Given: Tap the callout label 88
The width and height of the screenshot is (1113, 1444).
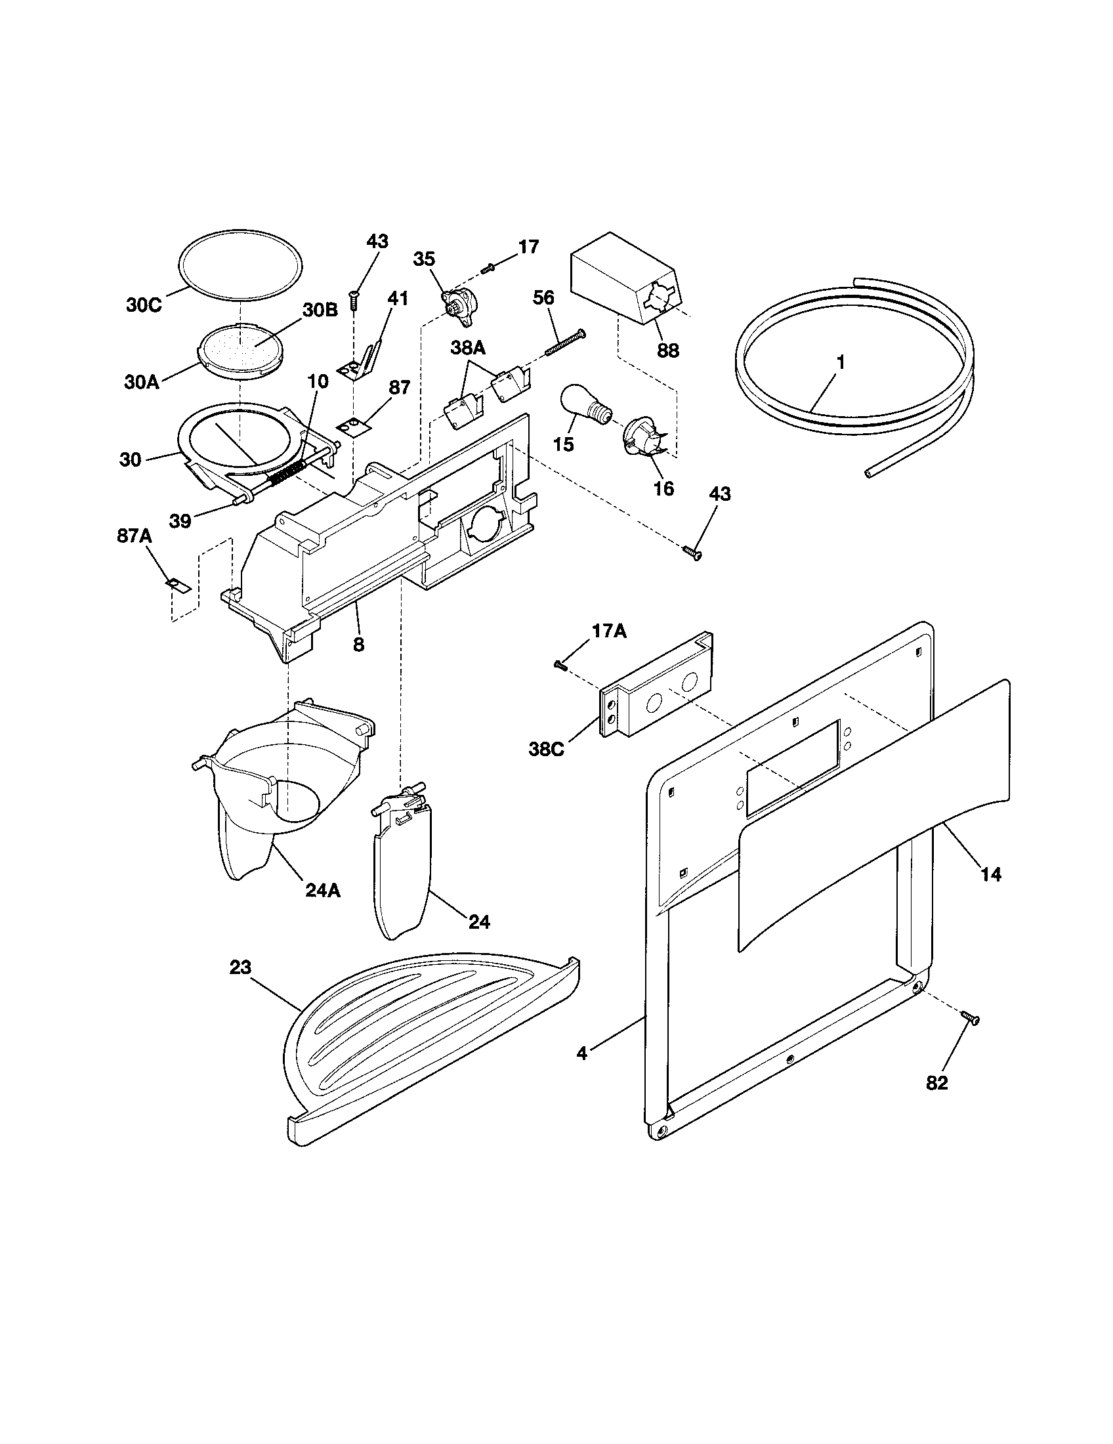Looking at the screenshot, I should [668, 350].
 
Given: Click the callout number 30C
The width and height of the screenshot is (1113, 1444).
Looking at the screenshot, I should [144, 306].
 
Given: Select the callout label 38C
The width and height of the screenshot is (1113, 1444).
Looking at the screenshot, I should [546, 750].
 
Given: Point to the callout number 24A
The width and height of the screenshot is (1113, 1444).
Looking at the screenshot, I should [323, 890].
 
